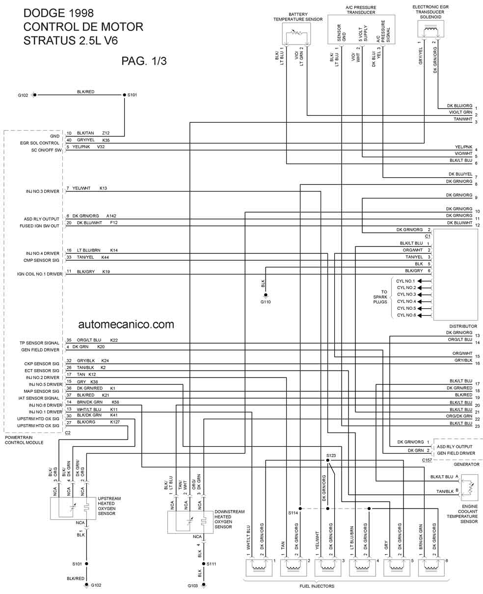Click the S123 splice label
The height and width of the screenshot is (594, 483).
pyautogui.click(x=331, y=456)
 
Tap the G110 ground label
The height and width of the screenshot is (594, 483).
pyautogui.click(x=266, y=302)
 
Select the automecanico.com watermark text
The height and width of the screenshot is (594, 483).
pyautogui.click(x=126, y=324)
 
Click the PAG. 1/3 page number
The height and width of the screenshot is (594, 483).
pyautogui.click(x=144, y=61)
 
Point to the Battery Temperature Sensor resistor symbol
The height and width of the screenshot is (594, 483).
pyautogui.click(x=296, y=33)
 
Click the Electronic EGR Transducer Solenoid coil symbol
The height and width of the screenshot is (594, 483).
pyautogui.click(x=431, y=29)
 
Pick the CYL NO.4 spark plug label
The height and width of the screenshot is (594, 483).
pyautogui.click(x=406, y=301)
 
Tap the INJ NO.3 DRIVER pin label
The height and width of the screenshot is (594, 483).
pyautogui.click(x=42, y=191)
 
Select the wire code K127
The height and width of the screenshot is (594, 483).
pyautogui.click(x=115, y=422)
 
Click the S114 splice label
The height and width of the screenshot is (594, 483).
pyautogui.click(x=293, y=513)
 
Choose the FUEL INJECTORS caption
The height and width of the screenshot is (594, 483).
pyautogui.click(x=317, y=586)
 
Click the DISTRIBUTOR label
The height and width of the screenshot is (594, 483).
pyautogui.click(x=463, y=326)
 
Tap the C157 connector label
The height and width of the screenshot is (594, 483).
pyautogui.click(x=427, y=460)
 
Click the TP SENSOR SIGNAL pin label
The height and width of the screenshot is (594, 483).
pyautogui.click(x=39, y=343)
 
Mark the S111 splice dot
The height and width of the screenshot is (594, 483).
pyautogui.click(x=204, y=564)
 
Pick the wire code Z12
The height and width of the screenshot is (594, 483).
pyautogui.click(x=106, y=133)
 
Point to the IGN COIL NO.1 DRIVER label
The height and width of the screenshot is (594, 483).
pyautogui.click(x=40, y=274)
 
